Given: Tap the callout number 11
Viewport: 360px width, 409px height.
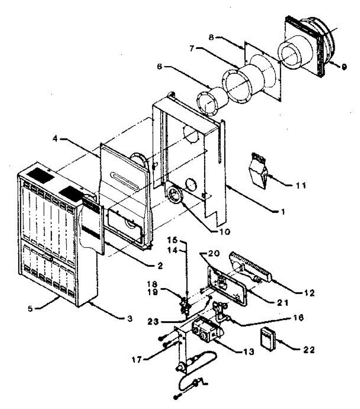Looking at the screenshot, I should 300,186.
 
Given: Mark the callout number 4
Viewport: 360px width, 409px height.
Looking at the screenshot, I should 56,139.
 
